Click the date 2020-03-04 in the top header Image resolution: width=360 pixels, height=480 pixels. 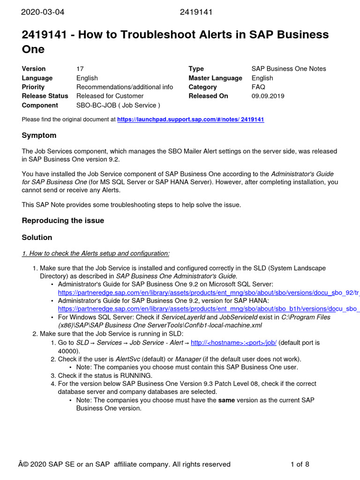pos(43,12)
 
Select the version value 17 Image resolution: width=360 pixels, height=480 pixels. pos(80,69)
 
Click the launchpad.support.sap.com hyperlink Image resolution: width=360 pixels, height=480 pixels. pos(190,120)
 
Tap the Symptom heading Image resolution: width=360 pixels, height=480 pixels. pos(39,135)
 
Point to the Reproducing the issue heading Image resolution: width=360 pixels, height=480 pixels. pos(63,220)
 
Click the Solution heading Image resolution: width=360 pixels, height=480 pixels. pos(37,237)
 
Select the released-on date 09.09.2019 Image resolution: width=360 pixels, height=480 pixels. pos(268,96)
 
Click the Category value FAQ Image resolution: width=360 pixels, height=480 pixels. pos(258,87)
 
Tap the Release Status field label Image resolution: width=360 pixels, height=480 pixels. pos(45,96)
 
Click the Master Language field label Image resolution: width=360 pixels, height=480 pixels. pos(215,78)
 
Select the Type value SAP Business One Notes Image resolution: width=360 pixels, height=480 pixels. pos(288,69)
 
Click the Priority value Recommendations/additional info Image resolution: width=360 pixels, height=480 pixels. pos(125,87)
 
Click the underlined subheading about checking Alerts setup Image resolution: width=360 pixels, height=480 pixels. pos(96,254)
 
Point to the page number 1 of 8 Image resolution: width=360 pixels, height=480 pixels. pos(300,465)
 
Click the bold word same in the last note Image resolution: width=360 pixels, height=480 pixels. pos(226,400)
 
